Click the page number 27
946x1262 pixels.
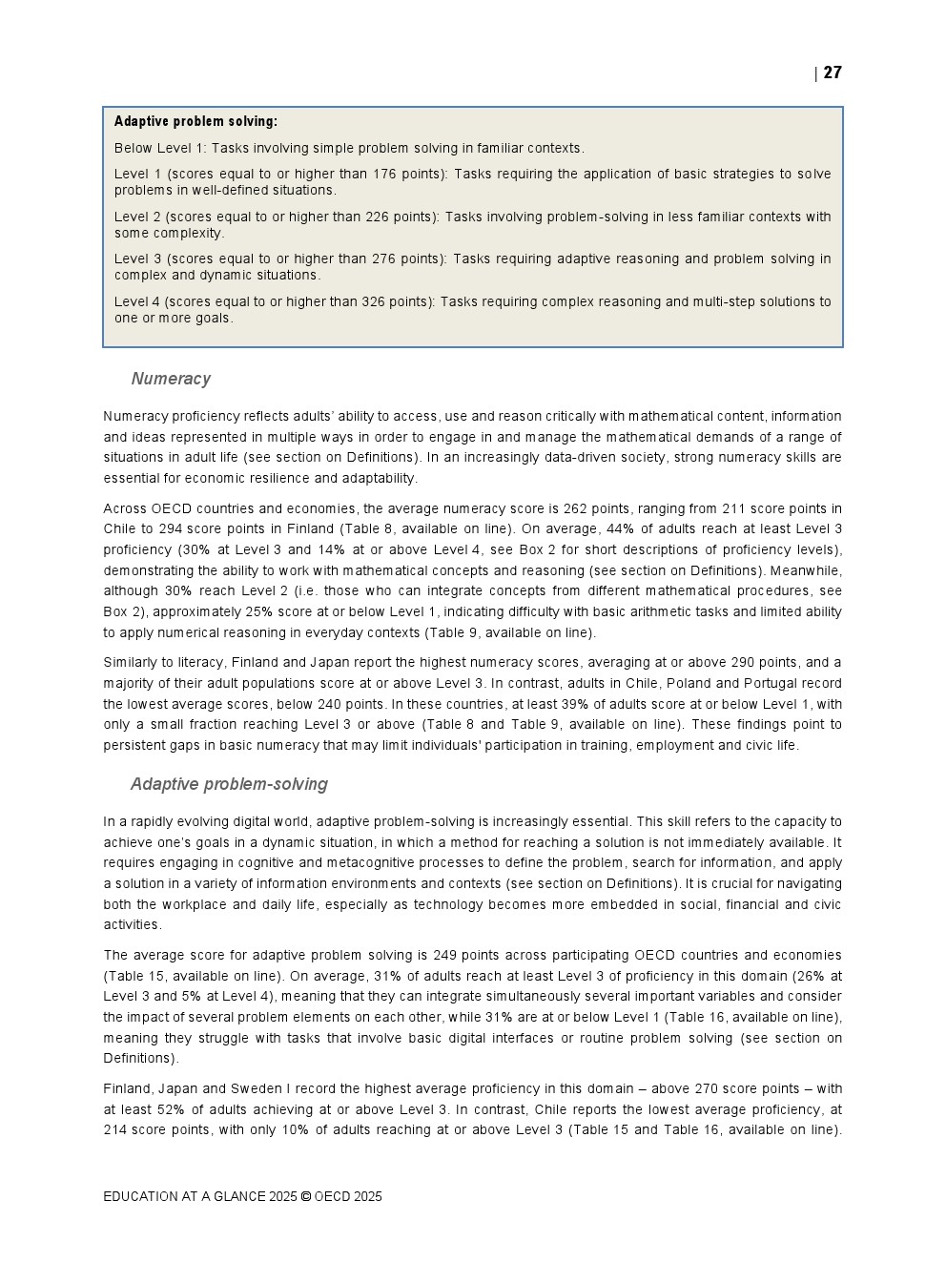coord(833,72)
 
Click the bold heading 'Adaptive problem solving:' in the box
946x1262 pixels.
coord(195,121)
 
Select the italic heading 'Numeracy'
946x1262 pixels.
coord(171,379)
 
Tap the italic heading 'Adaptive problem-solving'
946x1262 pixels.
coord(229,784)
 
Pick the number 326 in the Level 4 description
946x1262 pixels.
coord(373,301)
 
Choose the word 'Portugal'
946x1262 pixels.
coord(760,683)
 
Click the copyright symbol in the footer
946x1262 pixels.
coord(305,1196)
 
